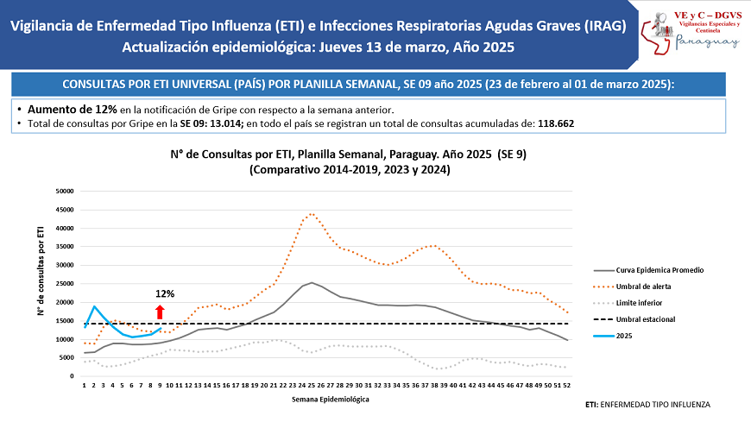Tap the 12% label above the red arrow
(165, 293)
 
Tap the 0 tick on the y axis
(73, 376)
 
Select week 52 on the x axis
(565, 386)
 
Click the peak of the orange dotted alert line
(311, 213)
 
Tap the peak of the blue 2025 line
(94, 306)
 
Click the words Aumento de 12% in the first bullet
(72, 110)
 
